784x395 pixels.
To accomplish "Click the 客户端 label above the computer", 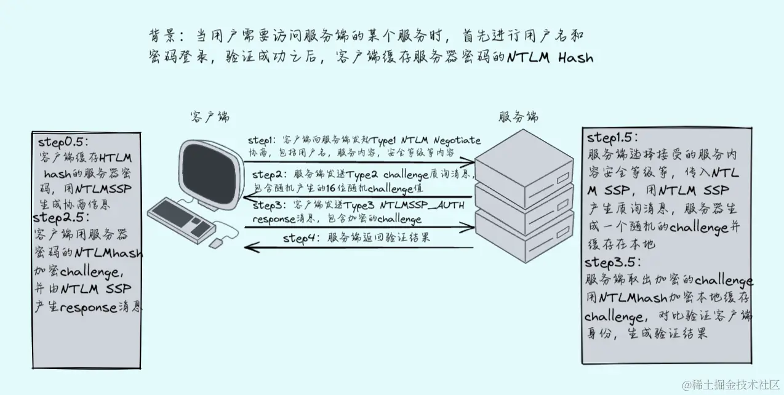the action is tap(210, 117).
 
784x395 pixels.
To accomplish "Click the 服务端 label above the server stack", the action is tap(518, 116).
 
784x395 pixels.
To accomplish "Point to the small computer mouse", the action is tap(216, 244).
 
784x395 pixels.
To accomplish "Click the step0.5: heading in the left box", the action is tap(63, 140).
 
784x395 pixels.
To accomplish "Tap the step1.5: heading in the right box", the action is tap(612, 137).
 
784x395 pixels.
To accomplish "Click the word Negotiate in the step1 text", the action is tap(457, 141).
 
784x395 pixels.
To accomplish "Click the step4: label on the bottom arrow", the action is tap(302, 237).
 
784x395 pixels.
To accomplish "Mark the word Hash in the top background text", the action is tap(575, 58).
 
